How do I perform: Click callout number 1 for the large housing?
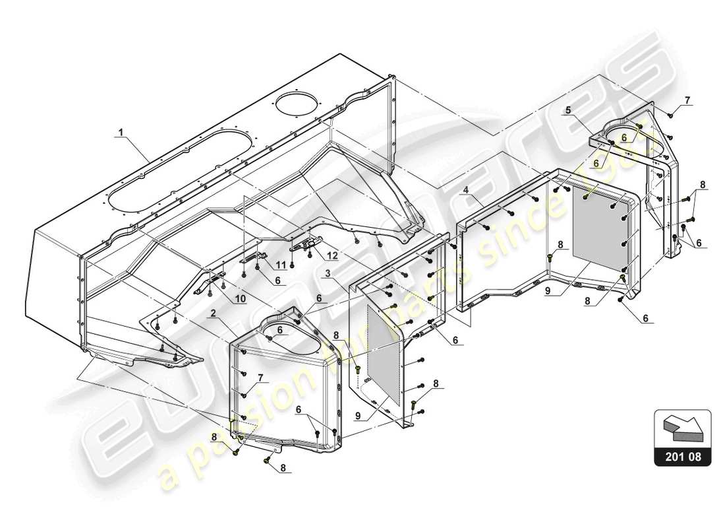pyautogui.click(x=120, y=132)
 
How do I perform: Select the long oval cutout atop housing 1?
pyautogui.click(x=181, y=170)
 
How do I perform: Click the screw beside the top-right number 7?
pyautogui.click(x=670, y=115)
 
